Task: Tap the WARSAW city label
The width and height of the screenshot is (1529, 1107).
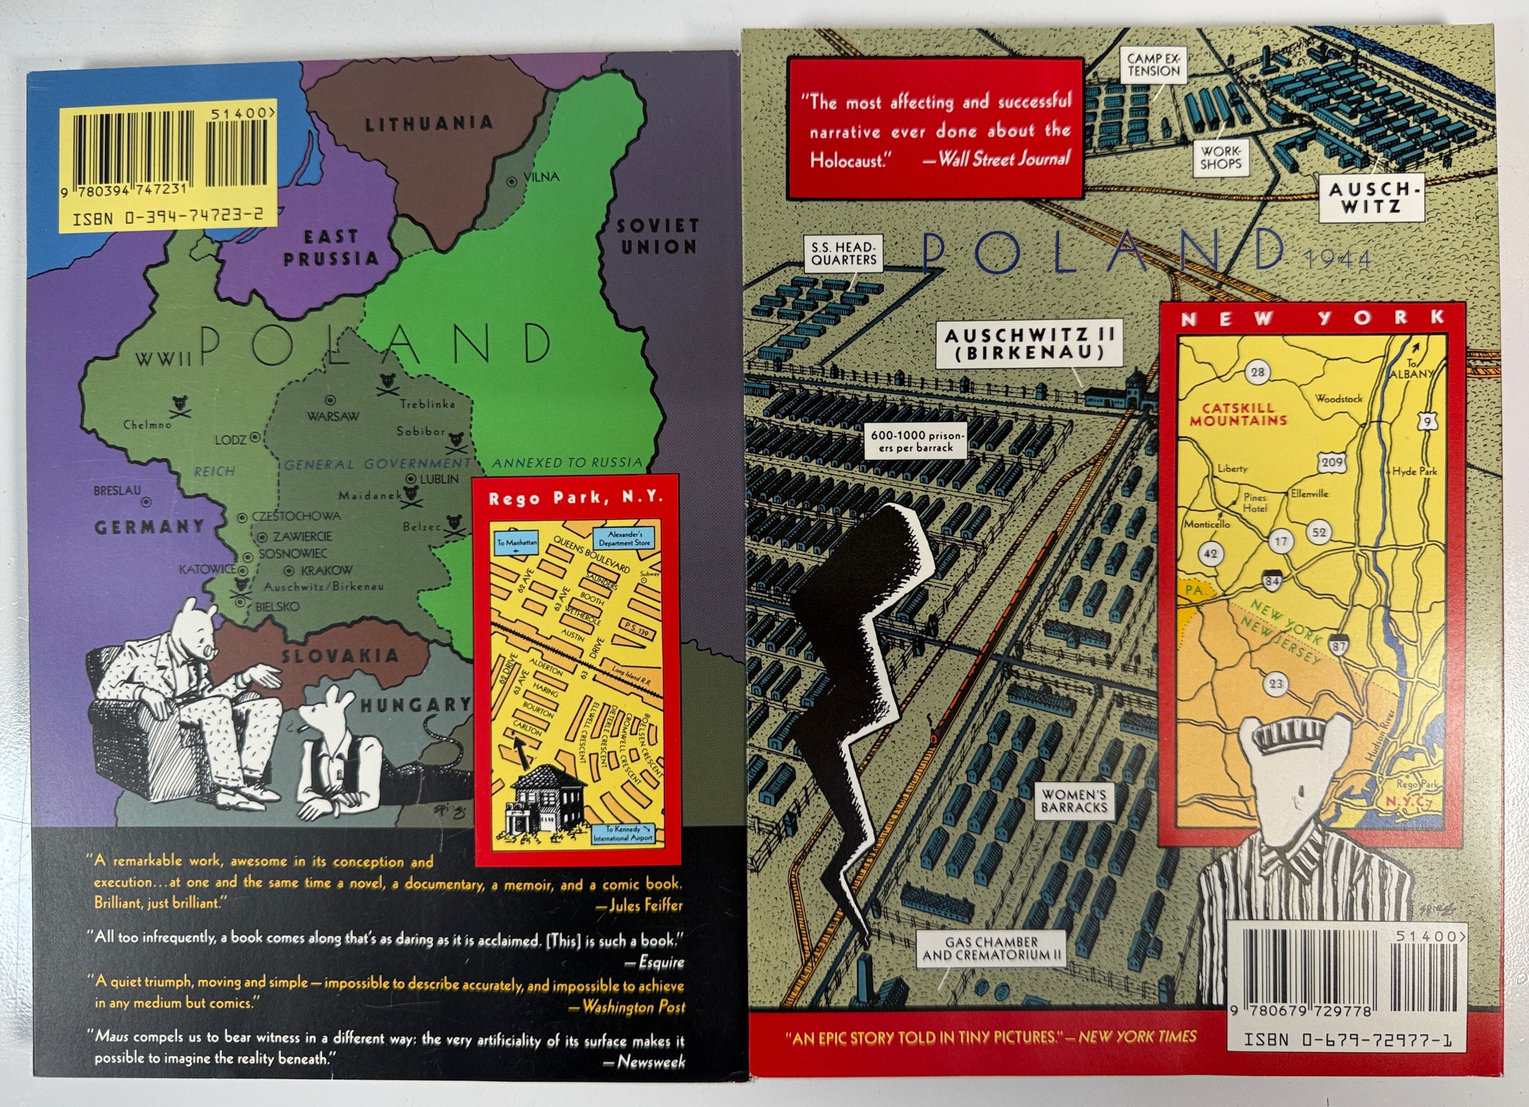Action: coord(333,416)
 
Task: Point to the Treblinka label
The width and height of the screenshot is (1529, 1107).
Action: coord(428,404)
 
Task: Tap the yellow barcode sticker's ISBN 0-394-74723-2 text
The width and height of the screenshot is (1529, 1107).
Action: coord(167,217)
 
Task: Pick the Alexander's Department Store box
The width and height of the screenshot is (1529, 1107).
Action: coord(625,538)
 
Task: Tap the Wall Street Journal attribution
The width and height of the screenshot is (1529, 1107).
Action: coord(1004,159)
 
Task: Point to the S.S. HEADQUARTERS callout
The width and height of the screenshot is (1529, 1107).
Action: coord(843,253)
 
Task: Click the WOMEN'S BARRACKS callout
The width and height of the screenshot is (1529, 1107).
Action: coord(1074,801)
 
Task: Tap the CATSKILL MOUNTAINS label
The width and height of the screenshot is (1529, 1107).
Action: coord(1238,414)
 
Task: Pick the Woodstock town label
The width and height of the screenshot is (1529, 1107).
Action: coord(1338,399)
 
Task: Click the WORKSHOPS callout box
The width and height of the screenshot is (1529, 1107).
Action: coord(1220,157)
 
